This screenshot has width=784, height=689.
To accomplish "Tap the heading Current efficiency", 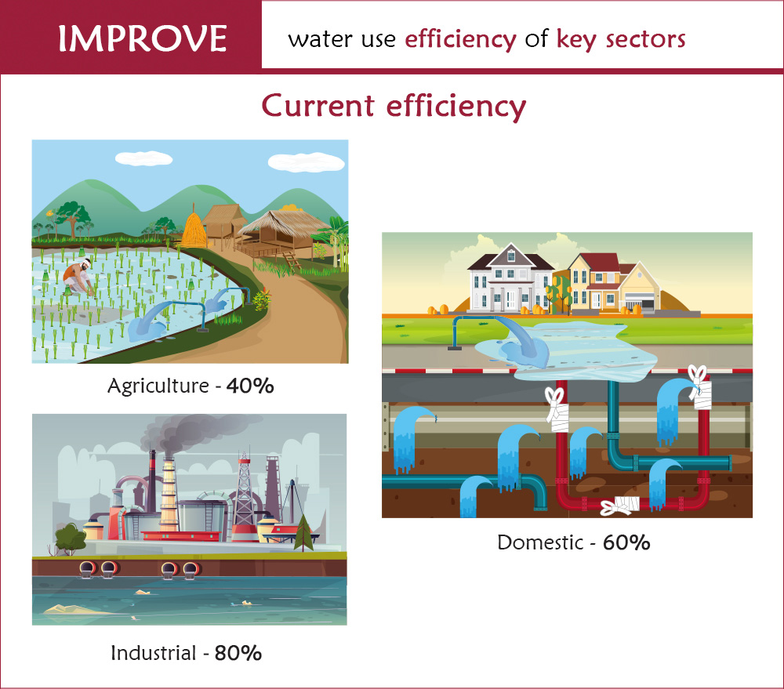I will (392, 105).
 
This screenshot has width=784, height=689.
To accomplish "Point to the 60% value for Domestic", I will (626, 542).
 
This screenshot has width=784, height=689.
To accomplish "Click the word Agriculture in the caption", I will (159, 386).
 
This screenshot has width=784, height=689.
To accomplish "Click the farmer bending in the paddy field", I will (76, 276).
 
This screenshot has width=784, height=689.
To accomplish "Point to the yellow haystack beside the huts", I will (194, 229).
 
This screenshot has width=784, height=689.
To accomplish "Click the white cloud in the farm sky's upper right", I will (305, 162).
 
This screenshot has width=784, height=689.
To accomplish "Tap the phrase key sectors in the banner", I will (621, 39).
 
